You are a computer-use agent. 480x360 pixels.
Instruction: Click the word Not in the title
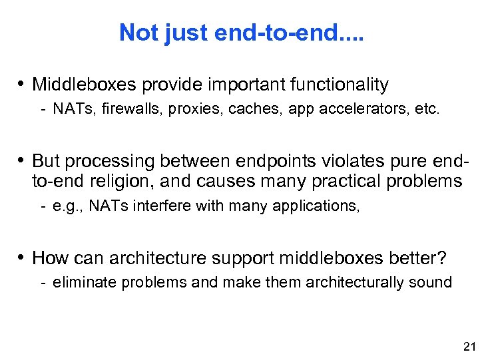(136, 32)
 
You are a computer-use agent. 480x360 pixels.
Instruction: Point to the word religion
(122, 180)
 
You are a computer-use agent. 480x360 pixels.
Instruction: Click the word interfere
(164, 206)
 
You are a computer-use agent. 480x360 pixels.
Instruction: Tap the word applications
(311, 206)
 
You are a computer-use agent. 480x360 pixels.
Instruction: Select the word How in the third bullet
(47, 258)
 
